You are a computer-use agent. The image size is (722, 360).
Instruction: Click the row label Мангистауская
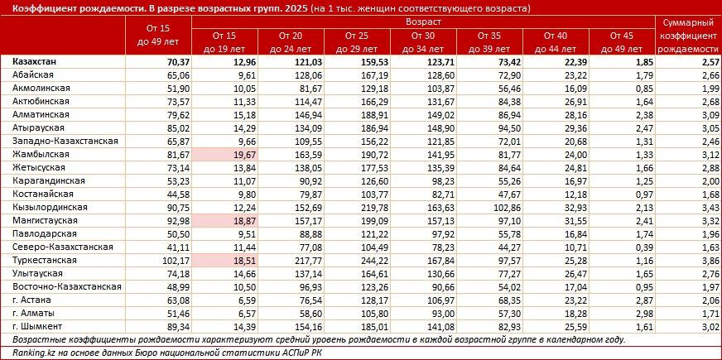click(x=45, y=219)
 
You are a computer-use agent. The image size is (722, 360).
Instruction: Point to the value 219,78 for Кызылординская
click(x=355, y=206)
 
